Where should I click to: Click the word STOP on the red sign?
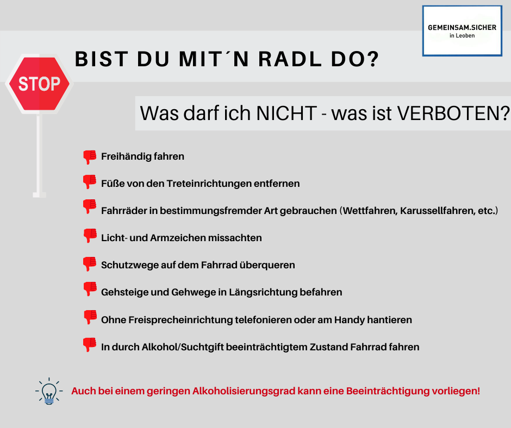click(x=40, y=84)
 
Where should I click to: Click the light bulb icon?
click(x=49, y=391)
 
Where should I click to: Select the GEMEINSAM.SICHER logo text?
click(x=462, y=28)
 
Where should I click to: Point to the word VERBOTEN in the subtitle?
click(x=450, y=114)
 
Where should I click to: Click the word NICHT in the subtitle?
click(x=287, y=114)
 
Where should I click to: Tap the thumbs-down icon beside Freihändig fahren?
click(x=90, y=157)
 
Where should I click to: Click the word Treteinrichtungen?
click(x=209, y=184)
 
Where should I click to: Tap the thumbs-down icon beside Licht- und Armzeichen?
click(x=90, y=236)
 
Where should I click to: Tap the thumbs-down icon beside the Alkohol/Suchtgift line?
click(x=90, y=344)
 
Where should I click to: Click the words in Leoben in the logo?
click(x=462, y=36)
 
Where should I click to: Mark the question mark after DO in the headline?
click(x=372, y=59)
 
